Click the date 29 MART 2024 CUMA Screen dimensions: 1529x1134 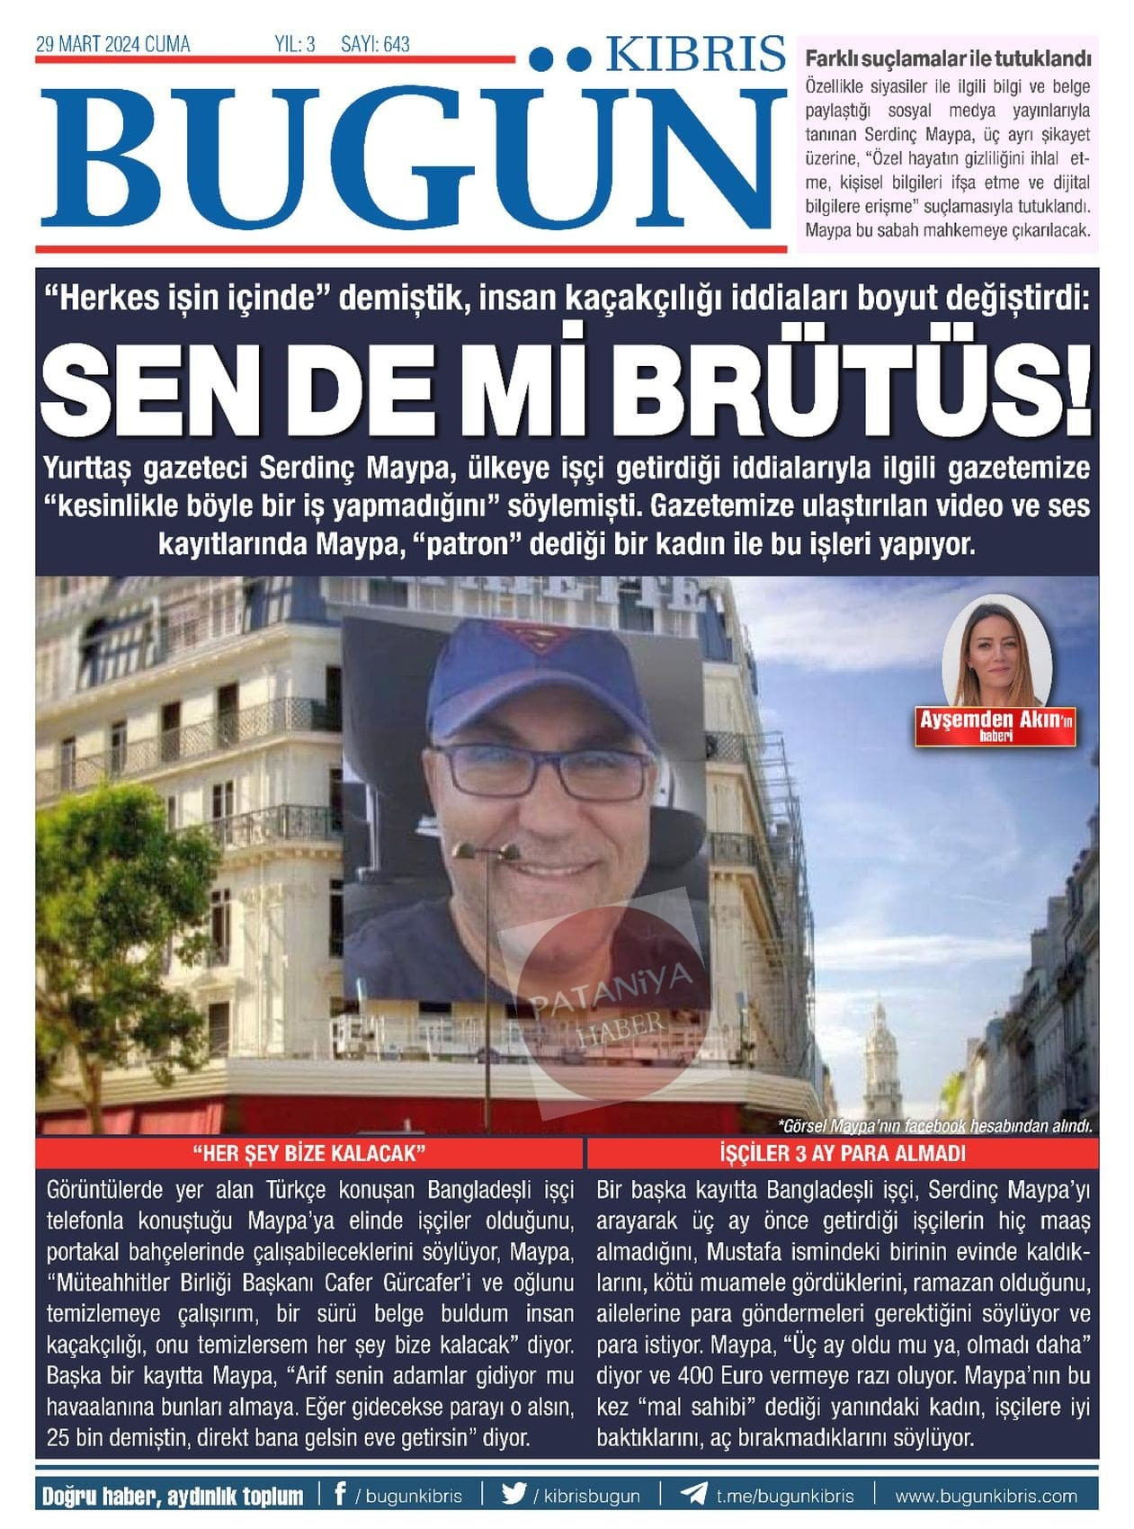[x=112, y=44]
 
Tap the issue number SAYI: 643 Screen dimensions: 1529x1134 [x=375, y=44]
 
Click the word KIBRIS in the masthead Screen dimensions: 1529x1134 [x=695, y=55]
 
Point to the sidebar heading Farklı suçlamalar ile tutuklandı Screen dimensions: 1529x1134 [x=948, y=59]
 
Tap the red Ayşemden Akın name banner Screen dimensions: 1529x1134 [x=996, y=724]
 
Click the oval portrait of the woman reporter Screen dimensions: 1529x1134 [x=996, y=652]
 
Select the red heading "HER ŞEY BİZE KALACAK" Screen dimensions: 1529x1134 [x=308, y=1153]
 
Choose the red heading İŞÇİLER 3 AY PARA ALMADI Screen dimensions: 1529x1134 [x=843, y=1153]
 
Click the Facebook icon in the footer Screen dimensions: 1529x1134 [x=340, y=1494]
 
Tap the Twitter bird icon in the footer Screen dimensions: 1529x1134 [x=514, y=1494]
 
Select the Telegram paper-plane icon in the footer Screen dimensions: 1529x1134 [x=693, y=1494]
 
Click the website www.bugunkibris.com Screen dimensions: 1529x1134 [x=986, y=1495]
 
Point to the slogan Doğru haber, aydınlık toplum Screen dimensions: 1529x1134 [x=173, y=1495]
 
